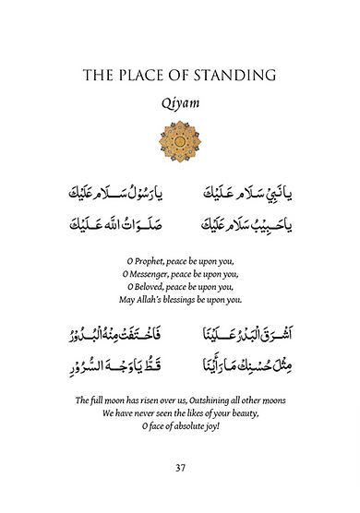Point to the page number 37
pos(180,468)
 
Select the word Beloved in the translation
pos(159,286)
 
